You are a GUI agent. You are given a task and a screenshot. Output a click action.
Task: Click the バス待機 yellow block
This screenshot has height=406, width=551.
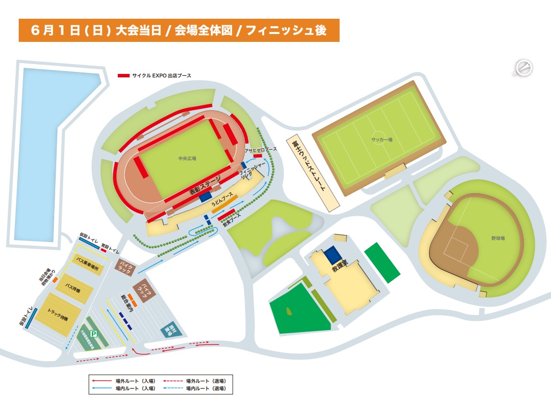pos(73,287)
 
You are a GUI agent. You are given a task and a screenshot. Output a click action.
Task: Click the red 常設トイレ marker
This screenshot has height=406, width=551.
pos(103,250)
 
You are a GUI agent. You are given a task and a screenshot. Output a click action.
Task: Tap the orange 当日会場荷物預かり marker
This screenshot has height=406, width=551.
pos(55,280)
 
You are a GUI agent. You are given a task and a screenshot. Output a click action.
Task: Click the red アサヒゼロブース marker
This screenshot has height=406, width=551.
pos(257,156)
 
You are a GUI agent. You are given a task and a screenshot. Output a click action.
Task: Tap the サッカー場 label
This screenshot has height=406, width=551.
pos(381,139)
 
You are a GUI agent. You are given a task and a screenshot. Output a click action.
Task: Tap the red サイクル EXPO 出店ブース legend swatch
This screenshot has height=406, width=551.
pos(123,75)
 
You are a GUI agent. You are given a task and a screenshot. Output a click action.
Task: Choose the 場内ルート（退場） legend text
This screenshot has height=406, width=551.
pos(206,389)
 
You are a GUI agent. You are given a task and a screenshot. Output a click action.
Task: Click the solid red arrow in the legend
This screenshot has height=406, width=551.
pos(101,381)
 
